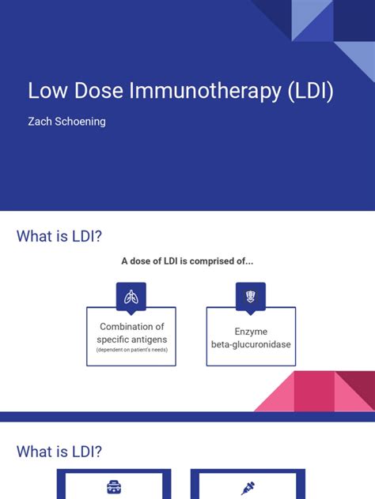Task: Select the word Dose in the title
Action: [98, 91]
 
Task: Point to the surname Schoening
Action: [87, 123]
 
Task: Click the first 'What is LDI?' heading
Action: [59, 236]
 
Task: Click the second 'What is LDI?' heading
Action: [59, 452]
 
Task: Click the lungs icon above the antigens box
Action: [131, 297]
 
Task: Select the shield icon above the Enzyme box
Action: [251, 297]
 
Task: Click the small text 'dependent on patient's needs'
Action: [131, 350]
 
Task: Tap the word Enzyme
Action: [251, 332]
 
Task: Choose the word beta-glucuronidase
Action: [251, 345]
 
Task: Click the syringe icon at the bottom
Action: [248, 488]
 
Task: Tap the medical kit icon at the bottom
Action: [115, 488]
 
